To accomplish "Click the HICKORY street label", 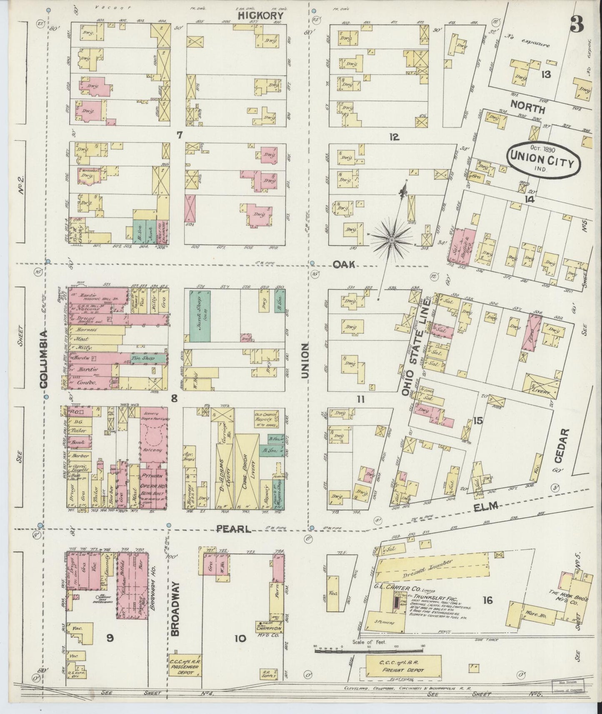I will [x=260, y=15].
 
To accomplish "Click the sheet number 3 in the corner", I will [x=577, y=25].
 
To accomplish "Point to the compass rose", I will [x=391, y=240].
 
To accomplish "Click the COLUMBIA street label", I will [x=45, y=358].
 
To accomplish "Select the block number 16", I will [x=487, y=600].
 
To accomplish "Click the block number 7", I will [x=180, y=135].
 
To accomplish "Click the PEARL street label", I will [x=233, y=529].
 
